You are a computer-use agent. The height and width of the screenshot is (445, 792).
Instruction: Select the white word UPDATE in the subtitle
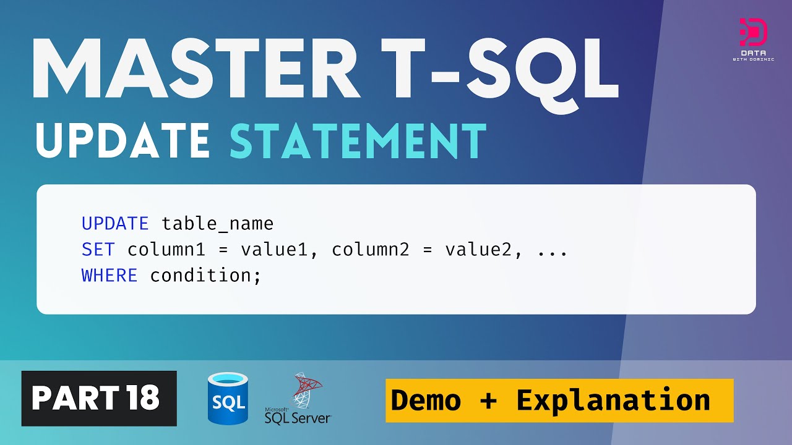(x=123, y=140)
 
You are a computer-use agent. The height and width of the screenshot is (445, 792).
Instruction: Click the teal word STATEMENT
(x=358, y=140)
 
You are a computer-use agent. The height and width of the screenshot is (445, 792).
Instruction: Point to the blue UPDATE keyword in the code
(x=115, y=223)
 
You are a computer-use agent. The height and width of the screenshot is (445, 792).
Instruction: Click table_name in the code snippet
(x=217, y=223)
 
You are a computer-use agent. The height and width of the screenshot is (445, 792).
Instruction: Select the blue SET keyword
(x=98, y=250)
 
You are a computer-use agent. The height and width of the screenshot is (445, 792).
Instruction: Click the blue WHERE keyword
(x=109, y=276)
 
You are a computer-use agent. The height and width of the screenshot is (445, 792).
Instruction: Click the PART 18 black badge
(x=99, y=399)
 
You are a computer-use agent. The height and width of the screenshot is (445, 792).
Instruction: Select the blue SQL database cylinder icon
(x=228, y=399)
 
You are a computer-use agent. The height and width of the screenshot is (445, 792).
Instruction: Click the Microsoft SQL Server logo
(x=298, y=399)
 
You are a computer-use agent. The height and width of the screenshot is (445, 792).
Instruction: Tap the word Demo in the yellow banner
(x=426, y=400)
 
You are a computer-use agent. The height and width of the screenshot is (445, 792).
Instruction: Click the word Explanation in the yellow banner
(x=613, y=400)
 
